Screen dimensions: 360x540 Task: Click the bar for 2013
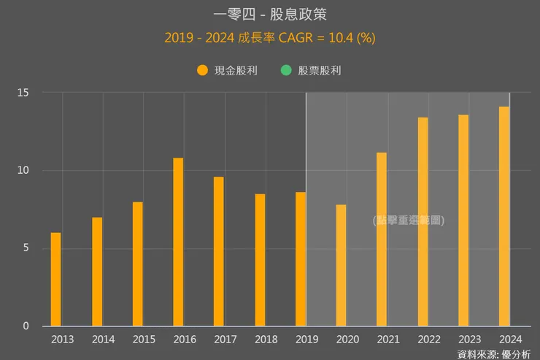tap(55, 280)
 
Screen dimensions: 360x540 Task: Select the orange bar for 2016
tap(178, 242)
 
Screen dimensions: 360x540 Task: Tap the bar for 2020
tap(341, 265)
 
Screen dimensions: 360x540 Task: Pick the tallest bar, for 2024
tap(504, 216)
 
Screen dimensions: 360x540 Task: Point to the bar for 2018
tap(260, 260)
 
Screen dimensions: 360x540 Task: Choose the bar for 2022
tap(423, 221)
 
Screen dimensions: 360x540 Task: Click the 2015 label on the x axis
tap(144, 339)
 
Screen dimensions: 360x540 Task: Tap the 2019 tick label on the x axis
tap(307, 339)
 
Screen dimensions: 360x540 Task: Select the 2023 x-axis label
tap(470, 339)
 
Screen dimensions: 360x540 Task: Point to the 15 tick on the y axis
tap(24, 93)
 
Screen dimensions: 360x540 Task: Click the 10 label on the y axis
tap(24, 170)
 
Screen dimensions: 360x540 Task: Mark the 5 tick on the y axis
tap(26, 248)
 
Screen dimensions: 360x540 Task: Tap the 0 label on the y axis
tap(26, 326)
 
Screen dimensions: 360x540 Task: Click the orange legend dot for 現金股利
tap(203, 71)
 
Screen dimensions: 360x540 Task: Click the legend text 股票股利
tap(320, 71)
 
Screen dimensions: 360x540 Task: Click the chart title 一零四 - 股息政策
tap(270, 15)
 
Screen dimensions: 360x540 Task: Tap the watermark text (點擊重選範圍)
tap(408, 220)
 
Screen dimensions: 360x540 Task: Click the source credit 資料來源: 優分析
tap(494, 353)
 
